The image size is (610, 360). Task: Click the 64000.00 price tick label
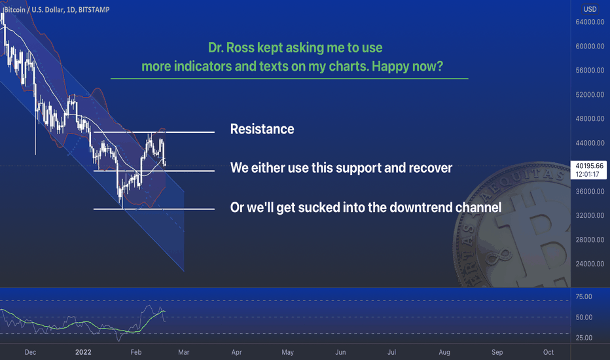coord(590,22)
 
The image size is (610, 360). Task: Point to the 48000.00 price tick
coord(590,118)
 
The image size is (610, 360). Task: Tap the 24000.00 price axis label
coord(590,264)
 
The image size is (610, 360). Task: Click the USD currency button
coord(590,9)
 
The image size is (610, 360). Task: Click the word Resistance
coord(262,129)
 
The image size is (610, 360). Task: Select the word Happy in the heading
coord(389,67)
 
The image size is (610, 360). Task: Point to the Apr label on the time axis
coord(236,352)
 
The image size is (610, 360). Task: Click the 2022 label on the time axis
coord(83,352)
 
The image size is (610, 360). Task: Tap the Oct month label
coord(548,352)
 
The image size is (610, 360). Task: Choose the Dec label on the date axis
coord(30,352)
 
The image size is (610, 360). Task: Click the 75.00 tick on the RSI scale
coord(584,297)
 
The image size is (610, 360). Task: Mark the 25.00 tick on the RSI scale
coord(584,338)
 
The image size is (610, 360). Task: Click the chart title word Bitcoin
coord(14,10)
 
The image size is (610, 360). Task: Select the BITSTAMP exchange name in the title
coord(94,10)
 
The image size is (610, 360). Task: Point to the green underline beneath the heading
coord(289,79)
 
